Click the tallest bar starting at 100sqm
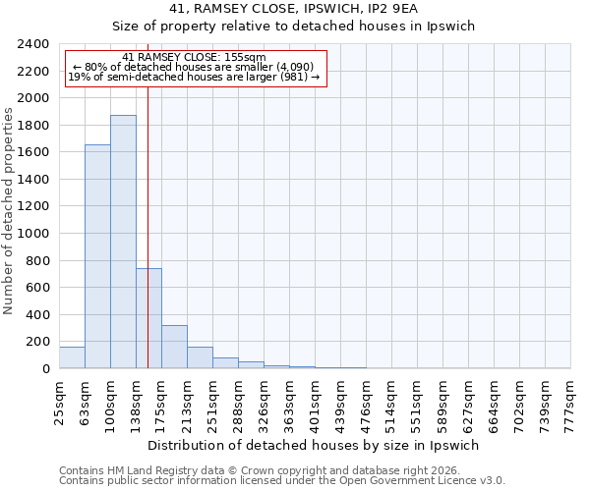[x=123, y=242]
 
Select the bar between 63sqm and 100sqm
[x=97, y=256]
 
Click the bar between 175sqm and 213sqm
[x=174, y=347]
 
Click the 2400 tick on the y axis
[x=34, y=44]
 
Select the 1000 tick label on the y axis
[x=34, y=234]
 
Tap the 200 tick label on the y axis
[x=38, y=342]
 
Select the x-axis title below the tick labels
[x=314, y=445]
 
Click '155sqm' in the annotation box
[x=245, y=58]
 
